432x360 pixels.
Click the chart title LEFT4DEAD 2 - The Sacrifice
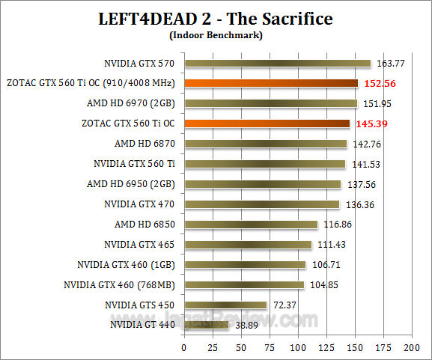coord(216,17)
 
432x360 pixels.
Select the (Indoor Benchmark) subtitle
coord(216,34)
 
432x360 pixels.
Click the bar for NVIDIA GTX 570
coord(277,64)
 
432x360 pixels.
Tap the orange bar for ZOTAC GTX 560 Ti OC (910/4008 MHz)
coord(271,83)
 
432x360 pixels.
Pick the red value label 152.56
coord(380,83)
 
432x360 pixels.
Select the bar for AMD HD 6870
coord(265,144)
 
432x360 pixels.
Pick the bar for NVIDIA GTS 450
coord(225,305)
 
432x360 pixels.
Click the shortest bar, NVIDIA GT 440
coord(206,325)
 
